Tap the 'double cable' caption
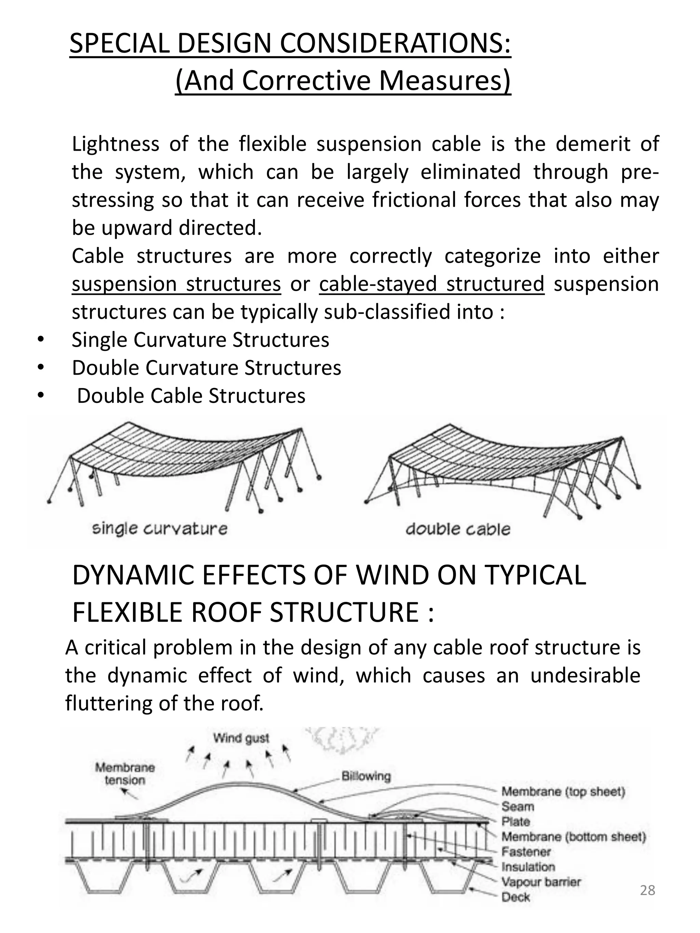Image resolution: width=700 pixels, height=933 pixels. (x=458, y=529)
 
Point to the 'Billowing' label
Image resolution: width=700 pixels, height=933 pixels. (x=366, y=776)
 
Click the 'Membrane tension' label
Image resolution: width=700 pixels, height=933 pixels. (x=125, y=773)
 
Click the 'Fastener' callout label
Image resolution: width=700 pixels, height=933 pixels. (x=526, y=852)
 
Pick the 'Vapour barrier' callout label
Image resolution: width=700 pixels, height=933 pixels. (x=541, y=881)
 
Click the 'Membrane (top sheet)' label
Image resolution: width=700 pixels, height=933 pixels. (x=563, y=791)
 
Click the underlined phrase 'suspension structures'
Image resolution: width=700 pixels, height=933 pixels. (x=176, y=284)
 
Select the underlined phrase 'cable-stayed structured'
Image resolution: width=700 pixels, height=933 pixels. (x=431, y=284)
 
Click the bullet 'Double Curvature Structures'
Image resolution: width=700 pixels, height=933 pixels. (x=206, y=368)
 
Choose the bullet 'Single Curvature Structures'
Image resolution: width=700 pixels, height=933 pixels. (x=200, y=340)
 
